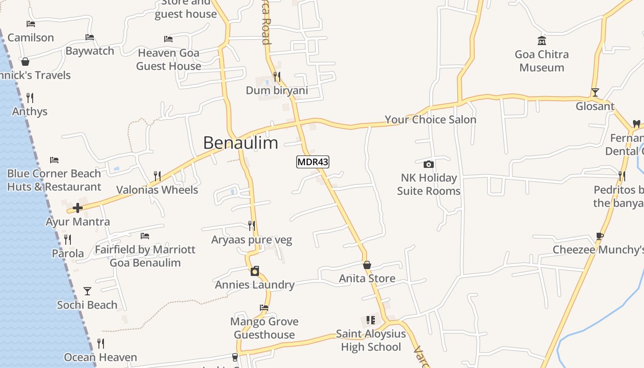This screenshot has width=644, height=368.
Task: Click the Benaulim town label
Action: click(241, 143)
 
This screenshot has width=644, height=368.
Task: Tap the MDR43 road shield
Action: click(313, 162)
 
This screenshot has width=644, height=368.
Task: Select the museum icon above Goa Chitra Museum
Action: click(542, 41)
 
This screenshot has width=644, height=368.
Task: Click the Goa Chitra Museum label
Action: click(541, 61)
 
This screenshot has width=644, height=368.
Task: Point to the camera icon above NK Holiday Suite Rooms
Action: click(428, 164)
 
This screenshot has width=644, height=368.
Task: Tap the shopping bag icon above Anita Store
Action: click(367, 265)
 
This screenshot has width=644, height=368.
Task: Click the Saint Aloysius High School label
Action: click(371, 340)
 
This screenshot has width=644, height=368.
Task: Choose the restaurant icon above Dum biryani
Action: click(276, 76)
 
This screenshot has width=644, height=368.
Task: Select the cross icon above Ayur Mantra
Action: click(78, 208)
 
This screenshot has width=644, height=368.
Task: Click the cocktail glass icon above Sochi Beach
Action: click(87, 291)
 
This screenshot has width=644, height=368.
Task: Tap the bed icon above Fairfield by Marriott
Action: click(145, 236)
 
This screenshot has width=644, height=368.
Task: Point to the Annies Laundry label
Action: click(255, 285)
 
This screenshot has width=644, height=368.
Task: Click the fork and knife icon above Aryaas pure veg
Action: click(252, 225)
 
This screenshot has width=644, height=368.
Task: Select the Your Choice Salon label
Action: click(430, 120)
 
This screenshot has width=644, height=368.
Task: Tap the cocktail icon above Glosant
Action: click(595, 92)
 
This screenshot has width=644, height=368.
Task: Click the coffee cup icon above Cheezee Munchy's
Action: click(599, 236)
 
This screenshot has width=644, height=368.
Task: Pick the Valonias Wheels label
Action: click(157, 190)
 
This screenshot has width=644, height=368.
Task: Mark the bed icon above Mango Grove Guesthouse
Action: click(264, 307)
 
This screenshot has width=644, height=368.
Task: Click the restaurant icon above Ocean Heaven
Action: click(101, 344)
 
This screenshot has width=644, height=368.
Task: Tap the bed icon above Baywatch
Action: click(90, 37)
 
